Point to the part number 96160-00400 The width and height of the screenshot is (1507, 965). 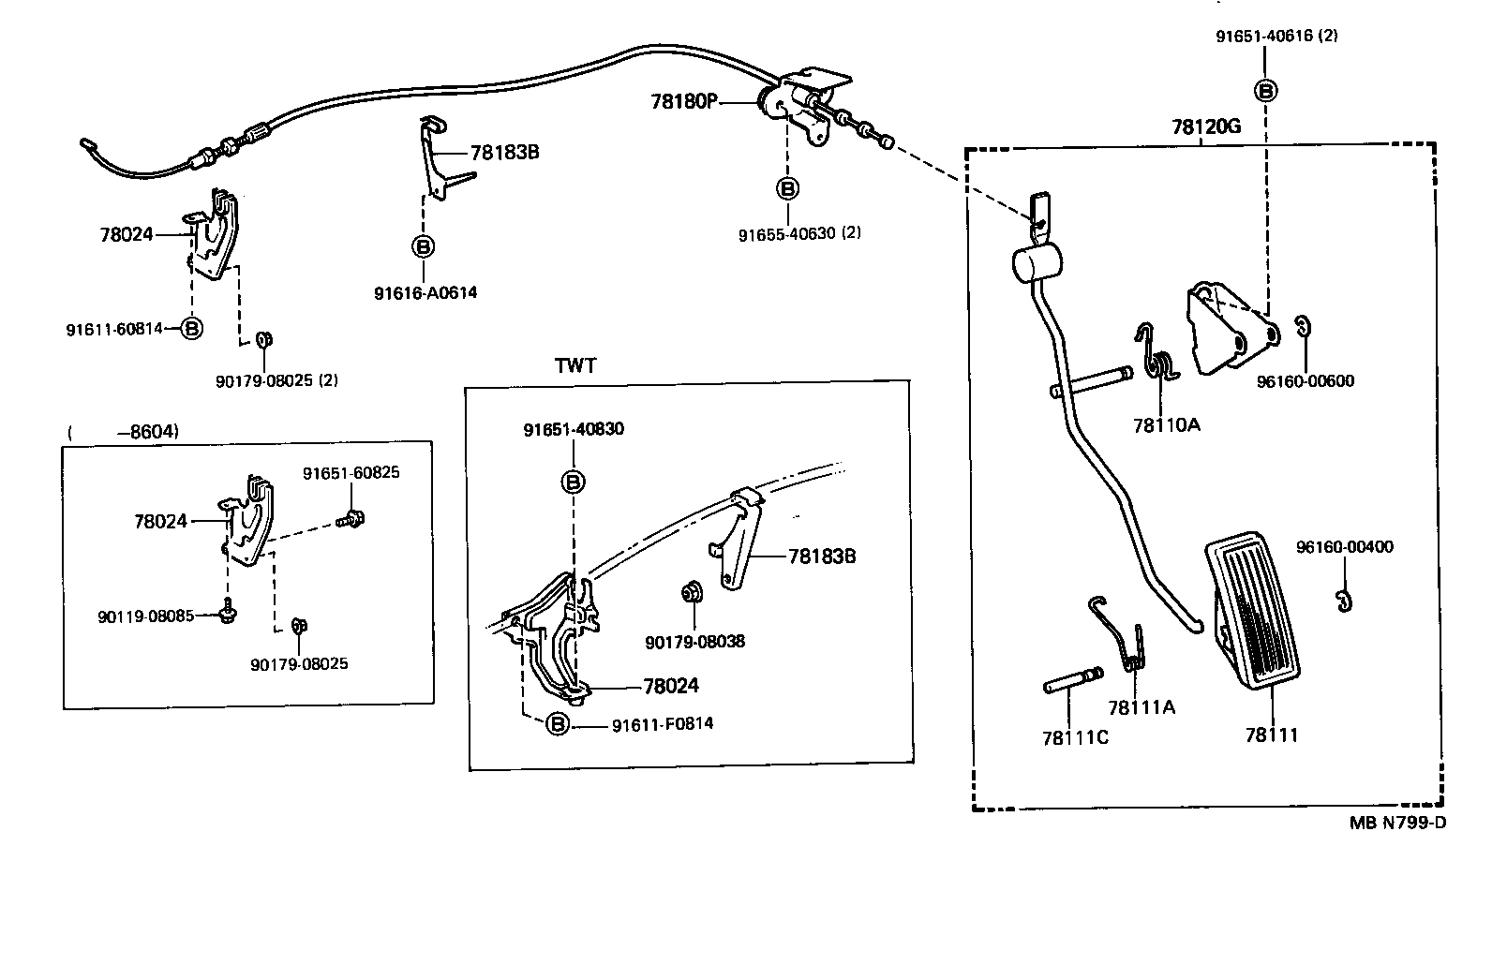point(1344,547)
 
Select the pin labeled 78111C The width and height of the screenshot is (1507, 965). point(1073,682)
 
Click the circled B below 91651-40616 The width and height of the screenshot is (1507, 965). point(1265,91)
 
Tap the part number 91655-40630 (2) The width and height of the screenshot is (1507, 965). point(799,233)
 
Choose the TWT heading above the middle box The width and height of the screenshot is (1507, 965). point(575,366)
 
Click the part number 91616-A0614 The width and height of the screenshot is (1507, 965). point(425,292)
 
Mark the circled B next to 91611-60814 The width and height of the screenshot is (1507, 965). point(191,329)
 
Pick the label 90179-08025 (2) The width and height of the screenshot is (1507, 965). point(276,380)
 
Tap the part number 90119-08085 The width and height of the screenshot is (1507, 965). point(145,616)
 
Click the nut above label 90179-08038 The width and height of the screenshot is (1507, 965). point(693,593)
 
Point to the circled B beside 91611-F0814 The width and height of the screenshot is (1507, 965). point(557,724)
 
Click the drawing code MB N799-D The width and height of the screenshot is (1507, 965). point(1397,824)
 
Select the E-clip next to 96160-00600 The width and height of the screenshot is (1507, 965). point(1304,327)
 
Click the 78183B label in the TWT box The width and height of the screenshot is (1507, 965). point(822,557)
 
